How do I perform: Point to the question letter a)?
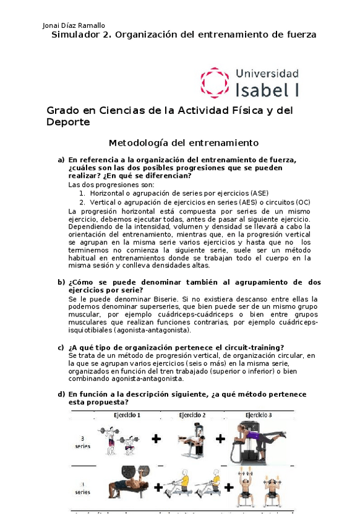pyautogui.click(x=61, y=160)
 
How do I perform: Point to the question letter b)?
pyautogui.click(x=61, y=282)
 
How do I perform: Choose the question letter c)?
pyautogui.click(x=61, y=347)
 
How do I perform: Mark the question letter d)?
pyautogui.click(x=61, y=394)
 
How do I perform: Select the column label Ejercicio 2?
pyautogui.click(x=192, y=415)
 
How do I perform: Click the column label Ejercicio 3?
pyautogui.click(x=260, y=415)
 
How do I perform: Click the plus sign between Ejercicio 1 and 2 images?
pyautogui.click(x=156, y=439)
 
